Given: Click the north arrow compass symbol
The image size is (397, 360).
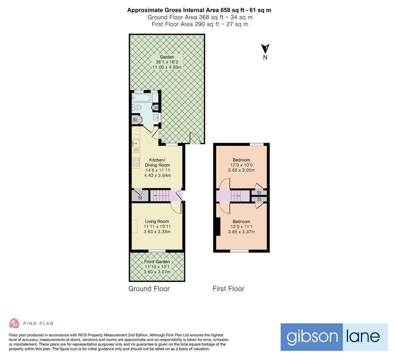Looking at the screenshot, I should pos(265,49).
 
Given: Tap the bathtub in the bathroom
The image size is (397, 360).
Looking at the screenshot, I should pos(142,98).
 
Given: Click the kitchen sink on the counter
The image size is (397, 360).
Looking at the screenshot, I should pos(136,144).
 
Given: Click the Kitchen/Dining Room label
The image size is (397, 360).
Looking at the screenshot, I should pos(157,162).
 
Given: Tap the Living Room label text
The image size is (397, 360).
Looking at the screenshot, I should pos(157,221).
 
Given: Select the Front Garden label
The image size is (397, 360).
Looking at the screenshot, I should pos(157,262).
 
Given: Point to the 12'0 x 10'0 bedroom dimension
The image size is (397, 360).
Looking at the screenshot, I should pos(241,165).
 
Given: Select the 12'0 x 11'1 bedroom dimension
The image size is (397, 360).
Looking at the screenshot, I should pos(241,227).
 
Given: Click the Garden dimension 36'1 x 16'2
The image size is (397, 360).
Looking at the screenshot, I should pos(167,62).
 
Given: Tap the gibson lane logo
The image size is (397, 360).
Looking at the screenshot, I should pos(334,337).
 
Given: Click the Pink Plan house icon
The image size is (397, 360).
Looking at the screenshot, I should pos(14,323).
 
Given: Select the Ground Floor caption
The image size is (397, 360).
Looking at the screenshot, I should pos(149,289).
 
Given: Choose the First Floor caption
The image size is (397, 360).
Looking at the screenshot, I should pos(228,289).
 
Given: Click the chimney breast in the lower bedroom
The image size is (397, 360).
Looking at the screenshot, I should pos(218,227).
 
